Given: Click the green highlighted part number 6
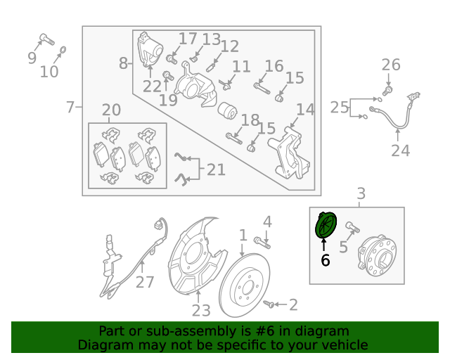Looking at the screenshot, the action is pyautogui.click(x=326, y=225).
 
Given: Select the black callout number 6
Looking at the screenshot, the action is pyautogui.click(x=325, y=260).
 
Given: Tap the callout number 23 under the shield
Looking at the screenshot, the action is pyautogui.click(x=201, y=310).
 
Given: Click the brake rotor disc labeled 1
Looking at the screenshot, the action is pyautogui.click(x=245, y=285).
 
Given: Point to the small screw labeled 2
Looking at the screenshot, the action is pyautogui.click(x=269, y=304).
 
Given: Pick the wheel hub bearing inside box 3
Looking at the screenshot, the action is pyautogui.click(x=378, y=255).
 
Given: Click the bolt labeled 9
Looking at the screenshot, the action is pyautogui.click(x=47, y=39).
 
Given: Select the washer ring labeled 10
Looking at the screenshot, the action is pyautogui.click(x=63, y=50).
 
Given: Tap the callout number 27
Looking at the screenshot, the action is pyautogui.click(x=145, y=282).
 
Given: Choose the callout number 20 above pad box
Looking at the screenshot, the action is pyautogui.click(x=111, y=110).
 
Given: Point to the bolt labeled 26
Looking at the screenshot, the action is pyautogui.click(x=387, y=91).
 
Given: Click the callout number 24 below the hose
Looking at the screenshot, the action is pyautogui.click(x=401, y=150).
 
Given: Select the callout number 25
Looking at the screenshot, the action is pyautogui.click(x=339, y=108).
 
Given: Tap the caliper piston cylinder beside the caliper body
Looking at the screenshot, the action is pyautogui.click(x=227, y=110).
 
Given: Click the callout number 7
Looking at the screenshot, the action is pyautogui.click(x=70, y=107).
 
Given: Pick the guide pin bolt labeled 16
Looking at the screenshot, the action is pyautogui.click(x=262, y=88).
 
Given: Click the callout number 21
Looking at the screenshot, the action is pyautogui.click(x=216, y=169).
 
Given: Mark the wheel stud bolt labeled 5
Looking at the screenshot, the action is pyautogui.click(x=353, y=227).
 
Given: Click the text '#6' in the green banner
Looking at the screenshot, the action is pyautogui.click(x=264, y=331).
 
